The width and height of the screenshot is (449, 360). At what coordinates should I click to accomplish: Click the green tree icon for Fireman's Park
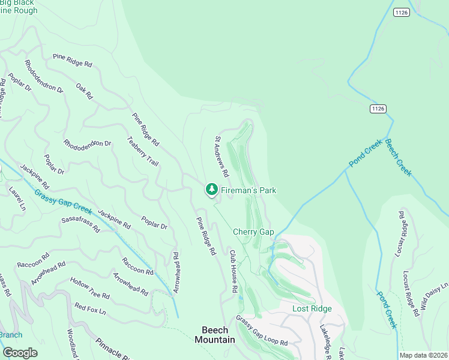pos(211,190)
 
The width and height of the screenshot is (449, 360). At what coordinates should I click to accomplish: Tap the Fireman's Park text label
pos(248,190)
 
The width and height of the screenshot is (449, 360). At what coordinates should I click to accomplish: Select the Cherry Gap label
pos(253,232)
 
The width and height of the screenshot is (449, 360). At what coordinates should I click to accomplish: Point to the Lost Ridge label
pos(312,308)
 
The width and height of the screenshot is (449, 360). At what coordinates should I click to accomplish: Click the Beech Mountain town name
pos(214,334)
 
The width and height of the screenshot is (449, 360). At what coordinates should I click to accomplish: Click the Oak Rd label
pos(85,91)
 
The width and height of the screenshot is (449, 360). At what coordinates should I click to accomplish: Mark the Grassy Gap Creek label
pos(63,202)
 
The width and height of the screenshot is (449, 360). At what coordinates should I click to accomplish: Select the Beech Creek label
pos(398,157)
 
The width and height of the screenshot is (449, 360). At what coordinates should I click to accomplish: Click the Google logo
pos(20,353)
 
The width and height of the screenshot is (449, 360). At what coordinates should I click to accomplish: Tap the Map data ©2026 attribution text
pos(423,355)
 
